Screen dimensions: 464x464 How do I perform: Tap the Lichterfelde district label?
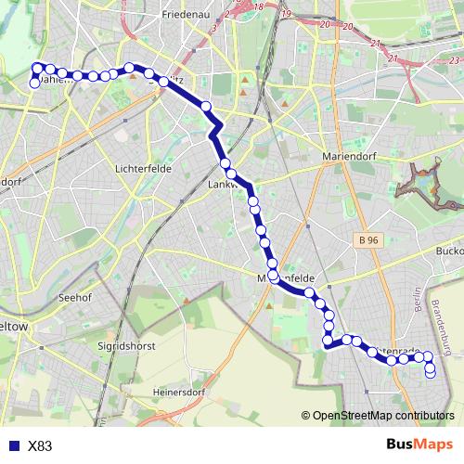[138, 170]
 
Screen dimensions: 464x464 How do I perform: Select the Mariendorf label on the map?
[346, 157]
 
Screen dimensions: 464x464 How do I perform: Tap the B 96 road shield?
[367, 240]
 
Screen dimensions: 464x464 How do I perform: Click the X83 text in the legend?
[40, 446]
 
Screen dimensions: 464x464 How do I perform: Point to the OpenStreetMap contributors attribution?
[382, 416]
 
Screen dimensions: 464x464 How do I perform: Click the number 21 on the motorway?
[393, 58]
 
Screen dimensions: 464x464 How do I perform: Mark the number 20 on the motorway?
[347, 25]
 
